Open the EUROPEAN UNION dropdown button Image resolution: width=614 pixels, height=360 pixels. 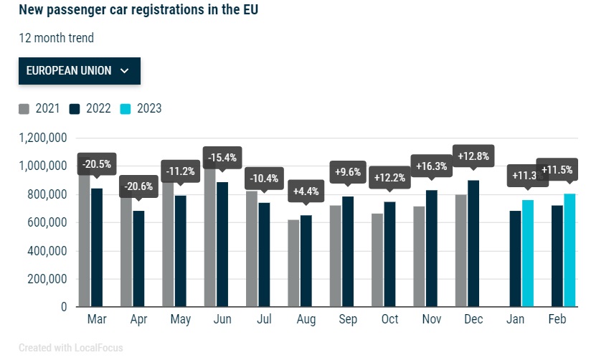[79, 70]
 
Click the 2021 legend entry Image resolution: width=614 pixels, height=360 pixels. [39, 109]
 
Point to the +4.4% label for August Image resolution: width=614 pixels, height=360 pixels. [306, 193]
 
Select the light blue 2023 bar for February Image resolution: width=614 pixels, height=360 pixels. [570, 250]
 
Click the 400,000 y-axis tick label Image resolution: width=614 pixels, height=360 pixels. [47, 251]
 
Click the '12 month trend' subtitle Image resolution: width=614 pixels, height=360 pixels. [56, 38]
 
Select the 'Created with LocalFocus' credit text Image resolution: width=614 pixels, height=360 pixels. [70, 348]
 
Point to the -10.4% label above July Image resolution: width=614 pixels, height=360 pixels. [264, 179]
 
